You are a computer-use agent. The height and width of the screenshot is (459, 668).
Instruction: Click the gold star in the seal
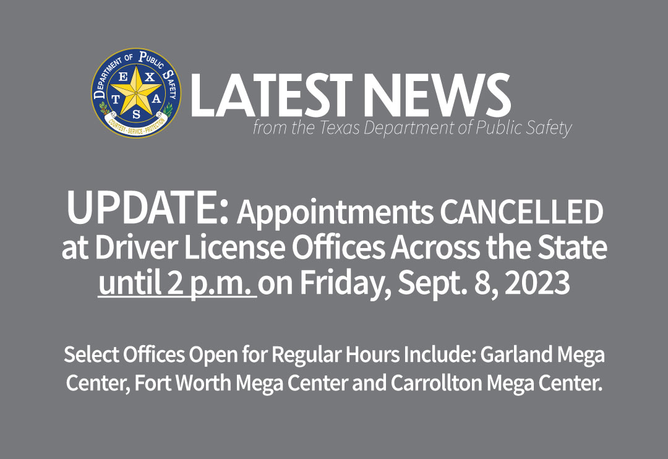[136, 91]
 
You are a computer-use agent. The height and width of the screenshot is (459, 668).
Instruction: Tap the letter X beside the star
[149, 77]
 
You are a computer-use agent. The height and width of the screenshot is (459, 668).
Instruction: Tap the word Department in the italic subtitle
[409, 129]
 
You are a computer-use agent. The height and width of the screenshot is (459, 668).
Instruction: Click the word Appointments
[335, 213]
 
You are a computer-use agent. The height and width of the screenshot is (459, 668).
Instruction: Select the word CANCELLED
[521, 212]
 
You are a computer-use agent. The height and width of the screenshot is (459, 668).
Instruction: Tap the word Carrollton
[436, 383]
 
